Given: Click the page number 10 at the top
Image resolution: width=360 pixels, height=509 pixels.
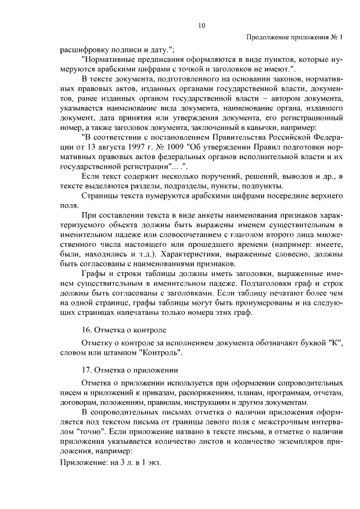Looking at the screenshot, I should tap(201, 25).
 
